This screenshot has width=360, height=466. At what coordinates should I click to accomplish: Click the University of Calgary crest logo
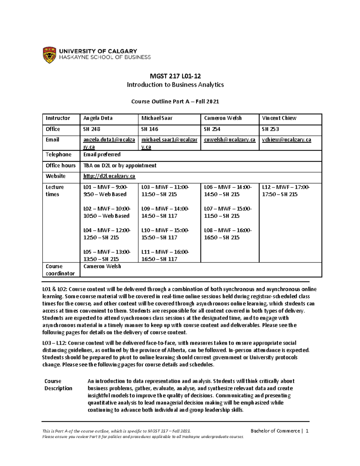[x=49, y=55]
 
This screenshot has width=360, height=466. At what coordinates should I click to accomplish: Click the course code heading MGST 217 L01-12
[x=175, y=76]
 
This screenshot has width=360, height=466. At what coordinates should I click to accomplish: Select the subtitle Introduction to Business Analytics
[x=175, y=85]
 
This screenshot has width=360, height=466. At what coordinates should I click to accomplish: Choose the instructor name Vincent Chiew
[x=279, y=118]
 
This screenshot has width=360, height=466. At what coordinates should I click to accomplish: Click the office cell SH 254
[x=212, y=129]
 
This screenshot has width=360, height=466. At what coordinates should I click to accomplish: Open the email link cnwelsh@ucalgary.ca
[x=229, y=140]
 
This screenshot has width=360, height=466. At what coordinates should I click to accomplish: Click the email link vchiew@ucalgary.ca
[x=286, y=140]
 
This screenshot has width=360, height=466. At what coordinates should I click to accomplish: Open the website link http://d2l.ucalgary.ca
[x=109, y=176]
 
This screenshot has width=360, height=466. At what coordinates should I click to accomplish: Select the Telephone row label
[x=58, y=155]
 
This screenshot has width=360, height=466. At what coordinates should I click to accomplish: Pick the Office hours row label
[x=61, y=165]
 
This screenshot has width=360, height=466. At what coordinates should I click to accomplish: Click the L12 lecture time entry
[x=286, y=191]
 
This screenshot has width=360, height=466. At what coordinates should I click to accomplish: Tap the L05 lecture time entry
[x=106, y=255]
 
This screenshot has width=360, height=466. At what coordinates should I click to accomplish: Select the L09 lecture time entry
[x=165, y=212]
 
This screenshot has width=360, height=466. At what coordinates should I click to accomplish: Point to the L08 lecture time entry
[x=228, y=234]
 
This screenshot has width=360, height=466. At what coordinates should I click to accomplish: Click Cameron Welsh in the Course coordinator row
[x=102, y=266]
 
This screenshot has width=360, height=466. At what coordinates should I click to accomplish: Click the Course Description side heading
[x=58, y=385]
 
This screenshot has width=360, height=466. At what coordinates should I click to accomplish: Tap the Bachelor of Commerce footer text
[x=275, y=431]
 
